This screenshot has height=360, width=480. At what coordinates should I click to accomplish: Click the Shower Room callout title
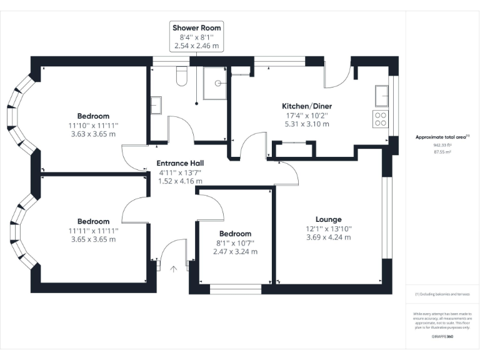pyautogui.click(x=197, y=28)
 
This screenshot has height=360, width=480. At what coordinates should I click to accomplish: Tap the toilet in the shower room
pyautogui.click(x=182, y=76)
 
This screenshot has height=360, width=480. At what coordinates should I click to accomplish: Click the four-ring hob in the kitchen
pyautogui.click(x=380, y=119)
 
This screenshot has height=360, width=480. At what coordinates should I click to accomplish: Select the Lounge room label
pyautogui.click(x=328, y=219)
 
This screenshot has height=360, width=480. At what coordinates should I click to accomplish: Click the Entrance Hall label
pyautogui.click(x=179, y=164)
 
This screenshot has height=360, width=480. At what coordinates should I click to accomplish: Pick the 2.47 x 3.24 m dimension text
pyautogui.click(x=234, y=252)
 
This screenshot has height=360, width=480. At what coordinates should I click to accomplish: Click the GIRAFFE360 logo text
pyautogui.click(x=442, y=337)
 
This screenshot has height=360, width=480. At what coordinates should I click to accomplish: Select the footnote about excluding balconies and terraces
pyautogui.click(x=442, y=294)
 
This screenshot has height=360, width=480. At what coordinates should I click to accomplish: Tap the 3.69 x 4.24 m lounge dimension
pyautogui.click(x=328, y=237)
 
